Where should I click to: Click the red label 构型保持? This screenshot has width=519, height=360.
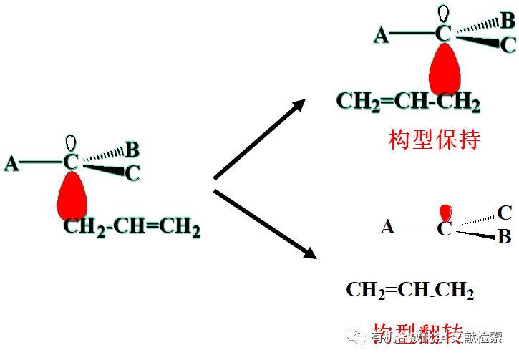[x=435, y=138]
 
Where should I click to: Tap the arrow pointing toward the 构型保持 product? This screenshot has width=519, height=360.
[x=260, y=139]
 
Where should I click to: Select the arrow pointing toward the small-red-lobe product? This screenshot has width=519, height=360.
[x=265, y=223]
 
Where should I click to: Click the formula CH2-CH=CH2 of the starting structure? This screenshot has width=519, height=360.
[x=132, y=228]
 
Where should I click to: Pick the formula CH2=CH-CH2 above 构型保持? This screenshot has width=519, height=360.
[x=408, y=102]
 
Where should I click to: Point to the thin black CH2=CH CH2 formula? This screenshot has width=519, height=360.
[x=409, y=290]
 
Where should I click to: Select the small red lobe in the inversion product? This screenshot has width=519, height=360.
[x=446, y=213]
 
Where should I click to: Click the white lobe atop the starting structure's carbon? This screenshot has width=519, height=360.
[x=71, y=141]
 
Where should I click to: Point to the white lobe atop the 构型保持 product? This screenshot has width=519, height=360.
[x=445, y=12]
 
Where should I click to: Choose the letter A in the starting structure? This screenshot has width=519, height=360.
[x=11, y=164]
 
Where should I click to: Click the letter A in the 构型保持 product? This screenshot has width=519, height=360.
[x=382, y=34]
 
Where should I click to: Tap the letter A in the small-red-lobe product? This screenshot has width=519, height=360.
[x=387, y=228]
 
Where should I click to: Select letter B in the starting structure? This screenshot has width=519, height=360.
[x=132, y=150]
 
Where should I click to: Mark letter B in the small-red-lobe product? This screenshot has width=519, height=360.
[x=504, y=237]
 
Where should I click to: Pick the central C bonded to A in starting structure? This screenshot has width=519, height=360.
[x=71, y=162]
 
